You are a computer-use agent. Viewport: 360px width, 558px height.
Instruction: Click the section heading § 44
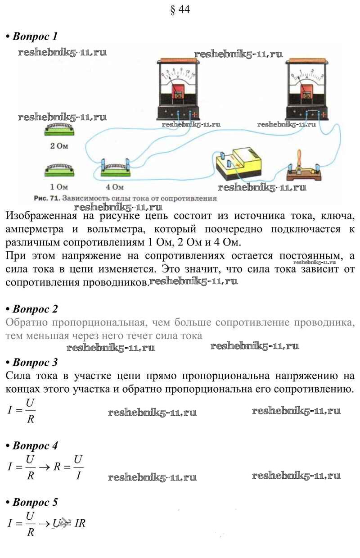(x=180, y=9)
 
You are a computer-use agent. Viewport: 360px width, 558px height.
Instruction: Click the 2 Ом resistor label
(x=60, y=146)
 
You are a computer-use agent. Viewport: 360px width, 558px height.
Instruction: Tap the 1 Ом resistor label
(x=60, y=186)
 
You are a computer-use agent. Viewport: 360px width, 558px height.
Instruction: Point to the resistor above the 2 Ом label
(x=60, y=131)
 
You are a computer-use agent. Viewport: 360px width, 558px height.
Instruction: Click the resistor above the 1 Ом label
(x=60, y=171)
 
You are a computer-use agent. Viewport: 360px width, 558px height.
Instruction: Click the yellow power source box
(x=238, y=164)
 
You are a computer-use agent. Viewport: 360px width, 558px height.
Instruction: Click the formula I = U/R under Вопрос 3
(x=21, y=410)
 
